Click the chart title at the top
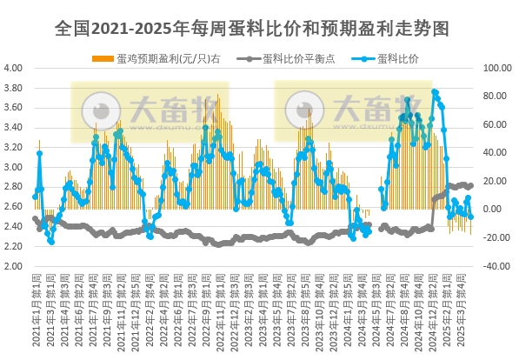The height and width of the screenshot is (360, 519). click(x=259, y=28)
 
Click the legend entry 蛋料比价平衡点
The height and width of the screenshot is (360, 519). click(x=291, y=59)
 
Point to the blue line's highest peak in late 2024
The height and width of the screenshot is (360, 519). click(x=434, y=91)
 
